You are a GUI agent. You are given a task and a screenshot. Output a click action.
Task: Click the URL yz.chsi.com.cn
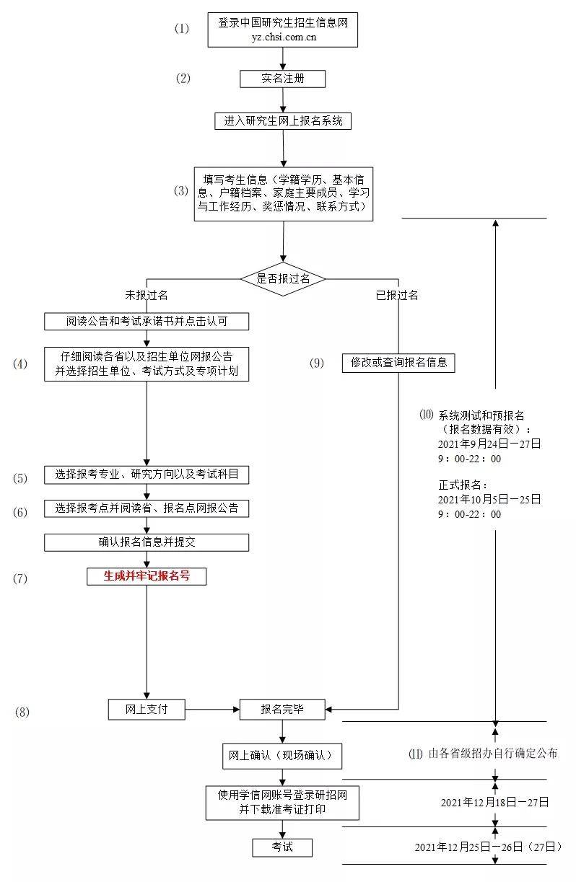coord(284,37)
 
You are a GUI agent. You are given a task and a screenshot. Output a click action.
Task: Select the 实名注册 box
coord(282,79)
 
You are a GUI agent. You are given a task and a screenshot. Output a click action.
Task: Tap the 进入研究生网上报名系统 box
coord(282,121)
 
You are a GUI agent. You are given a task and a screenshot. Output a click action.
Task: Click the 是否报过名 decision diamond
coord(283,279)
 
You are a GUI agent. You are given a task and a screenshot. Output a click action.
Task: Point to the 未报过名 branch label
coord(147,295)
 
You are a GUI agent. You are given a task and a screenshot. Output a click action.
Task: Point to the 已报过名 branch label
coord(397,295)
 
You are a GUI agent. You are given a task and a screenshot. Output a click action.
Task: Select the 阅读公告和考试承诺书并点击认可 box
coord(147,322)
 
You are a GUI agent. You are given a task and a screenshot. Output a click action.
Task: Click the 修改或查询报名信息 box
coord(398,363)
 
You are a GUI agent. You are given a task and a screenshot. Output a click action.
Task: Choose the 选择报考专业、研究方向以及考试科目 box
coord(147,475)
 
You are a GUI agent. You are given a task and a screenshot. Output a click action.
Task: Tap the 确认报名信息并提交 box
coord(147,542)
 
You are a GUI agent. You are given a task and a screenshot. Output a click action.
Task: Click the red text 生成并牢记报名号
coord(147,576)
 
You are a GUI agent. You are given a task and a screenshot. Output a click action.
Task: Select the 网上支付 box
coord(147,710)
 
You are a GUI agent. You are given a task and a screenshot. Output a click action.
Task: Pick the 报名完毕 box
coord(282,710)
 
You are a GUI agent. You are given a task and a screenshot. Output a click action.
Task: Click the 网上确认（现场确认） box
coord(282,756)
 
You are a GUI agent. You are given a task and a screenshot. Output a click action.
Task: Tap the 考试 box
coord(282,847)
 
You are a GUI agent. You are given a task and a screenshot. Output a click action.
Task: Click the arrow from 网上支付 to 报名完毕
coord(212,710)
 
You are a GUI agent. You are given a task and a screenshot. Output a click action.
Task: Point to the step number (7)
coord(20,578)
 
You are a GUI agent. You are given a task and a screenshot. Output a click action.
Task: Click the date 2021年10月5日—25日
coord(489,499)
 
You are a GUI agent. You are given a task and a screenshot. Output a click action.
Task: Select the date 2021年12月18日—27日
coord(495,802)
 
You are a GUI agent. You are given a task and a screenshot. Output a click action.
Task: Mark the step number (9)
coord(317,363)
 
